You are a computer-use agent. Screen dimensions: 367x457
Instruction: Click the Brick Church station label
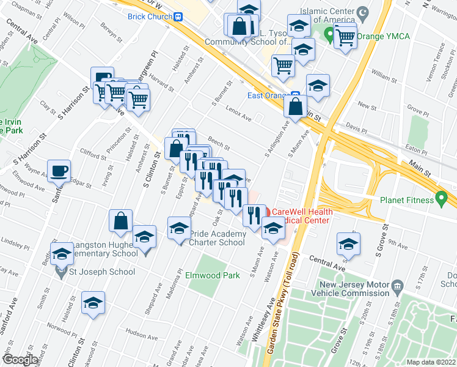[148, 17]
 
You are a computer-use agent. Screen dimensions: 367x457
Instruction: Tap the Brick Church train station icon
[178, 17]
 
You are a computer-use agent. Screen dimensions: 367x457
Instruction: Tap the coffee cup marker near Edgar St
[59, 171]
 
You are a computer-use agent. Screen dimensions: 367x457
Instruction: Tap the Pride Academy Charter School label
[218, 238]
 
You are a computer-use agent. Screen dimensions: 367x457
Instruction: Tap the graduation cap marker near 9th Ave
[348, 243]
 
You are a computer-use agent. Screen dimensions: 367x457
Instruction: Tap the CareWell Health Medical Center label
[302, 217]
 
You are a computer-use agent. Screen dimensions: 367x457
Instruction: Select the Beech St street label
[218, 144]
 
